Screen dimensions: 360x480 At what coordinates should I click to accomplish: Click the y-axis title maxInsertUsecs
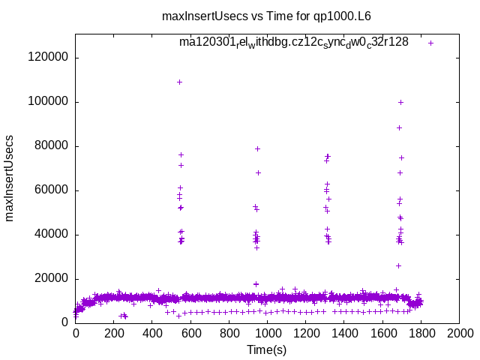(x=10, y=178)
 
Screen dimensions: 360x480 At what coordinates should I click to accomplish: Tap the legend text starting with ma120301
(x=293, y=43)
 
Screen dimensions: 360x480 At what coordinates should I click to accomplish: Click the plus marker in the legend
(x=430, y=43)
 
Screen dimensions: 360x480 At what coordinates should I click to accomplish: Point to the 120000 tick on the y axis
(x=46, y=57)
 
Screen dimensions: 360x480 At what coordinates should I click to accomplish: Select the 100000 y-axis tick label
(x=46, y=101)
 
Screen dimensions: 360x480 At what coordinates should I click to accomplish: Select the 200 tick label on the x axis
(x=113, y=331)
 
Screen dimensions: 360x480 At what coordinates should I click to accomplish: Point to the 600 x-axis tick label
(x=190, y=331)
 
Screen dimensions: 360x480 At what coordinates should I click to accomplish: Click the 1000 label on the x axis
(x=267, y=331)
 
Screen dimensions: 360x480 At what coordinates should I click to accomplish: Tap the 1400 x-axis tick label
(x=343, y=331)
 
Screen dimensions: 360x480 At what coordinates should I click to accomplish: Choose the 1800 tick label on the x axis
(x=421, y=331)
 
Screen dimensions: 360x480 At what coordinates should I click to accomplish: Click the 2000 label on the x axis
(x=459, y=331)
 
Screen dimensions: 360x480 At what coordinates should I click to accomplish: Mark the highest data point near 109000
(x=179, y=82)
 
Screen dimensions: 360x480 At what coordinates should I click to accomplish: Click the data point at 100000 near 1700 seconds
(x=400, y=102)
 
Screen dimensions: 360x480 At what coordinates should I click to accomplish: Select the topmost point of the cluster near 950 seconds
(x=257, y=148)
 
